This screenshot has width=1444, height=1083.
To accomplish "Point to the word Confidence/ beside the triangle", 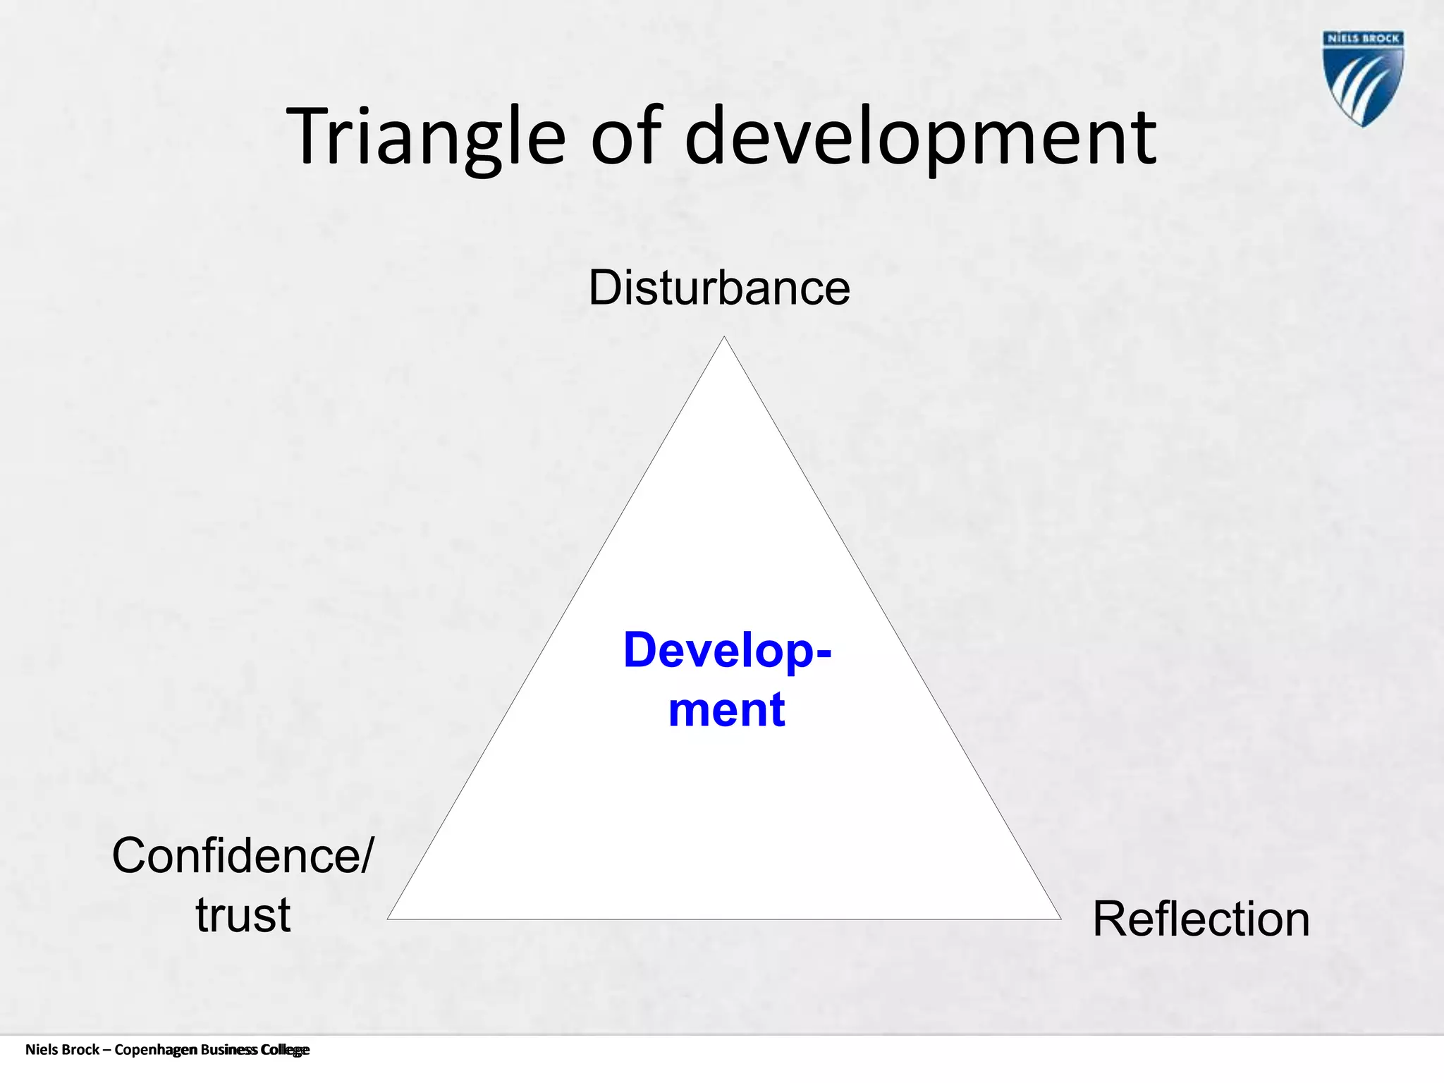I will click(x=243, y=856).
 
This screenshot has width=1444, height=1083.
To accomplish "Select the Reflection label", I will click(x=1201, y=919).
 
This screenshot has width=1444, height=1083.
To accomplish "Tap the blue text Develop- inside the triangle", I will click(x=727, y=650).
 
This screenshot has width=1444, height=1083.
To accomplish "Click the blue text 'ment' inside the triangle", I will click(x=726, y=709).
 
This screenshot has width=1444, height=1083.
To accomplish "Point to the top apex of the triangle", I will click(x=724, y=338).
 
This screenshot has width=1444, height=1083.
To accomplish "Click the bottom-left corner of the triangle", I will click(x=389, y=918).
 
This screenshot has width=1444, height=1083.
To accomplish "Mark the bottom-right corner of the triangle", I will click(x=1059, y=918).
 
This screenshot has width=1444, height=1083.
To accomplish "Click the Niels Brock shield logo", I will click(x=1363, y=78).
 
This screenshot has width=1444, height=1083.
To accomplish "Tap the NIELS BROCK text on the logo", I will click(x=1363, y=39).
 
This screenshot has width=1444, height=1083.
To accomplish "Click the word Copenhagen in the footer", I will click(x=156, y=1050).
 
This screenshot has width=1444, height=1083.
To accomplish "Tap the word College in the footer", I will click(x=285, y=1050).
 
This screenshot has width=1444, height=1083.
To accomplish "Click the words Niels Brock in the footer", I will click(x=62, y=1050).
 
